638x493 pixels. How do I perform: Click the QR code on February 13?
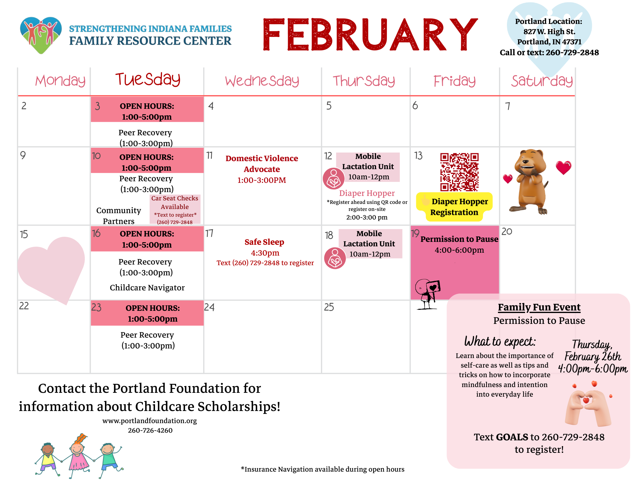pyautogui.click(x=459, y=172)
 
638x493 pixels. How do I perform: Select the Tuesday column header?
pyautogui.click(x=148, y=79)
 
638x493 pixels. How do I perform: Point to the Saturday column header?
pyautogui.click(x=542, y=81)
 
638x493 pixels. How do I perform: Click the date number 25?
pyautogui.click(x=329, y=307)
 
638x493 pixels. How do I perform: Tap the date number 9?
pyautogui.click(x=23, y=155)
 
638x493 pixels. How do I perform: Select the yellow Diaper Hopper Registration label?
pyautogui.click(x=454, y=207)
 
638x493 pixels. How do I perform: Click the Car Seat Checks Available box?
pyautogui.click(x=175, y=209)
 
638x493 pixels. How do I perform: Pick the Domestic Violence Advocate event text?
pyautogui.click(x=262, y=169)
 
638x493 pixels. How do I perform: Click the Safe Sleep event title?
pyautogui.click(x=264, y=242)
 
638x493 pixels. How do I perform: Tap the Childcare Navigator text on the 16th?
pyautogui.click(x=147, y=288)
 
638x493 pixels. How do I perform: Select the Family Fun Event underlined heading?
pyautogui.click(x=539, y=307)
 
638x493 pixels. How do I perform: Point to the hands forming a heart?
pyautogui.click(x=588, y=404)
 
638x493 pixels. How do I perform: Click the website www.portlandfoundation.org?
pyautogui.click(x=150, y=421)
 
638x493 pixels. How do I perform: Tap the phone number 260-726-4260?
pyautogui.click(x=150, y=430)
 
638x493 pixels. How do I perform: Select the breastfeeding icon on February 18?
pyautogui.click(x=335, y=258)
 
